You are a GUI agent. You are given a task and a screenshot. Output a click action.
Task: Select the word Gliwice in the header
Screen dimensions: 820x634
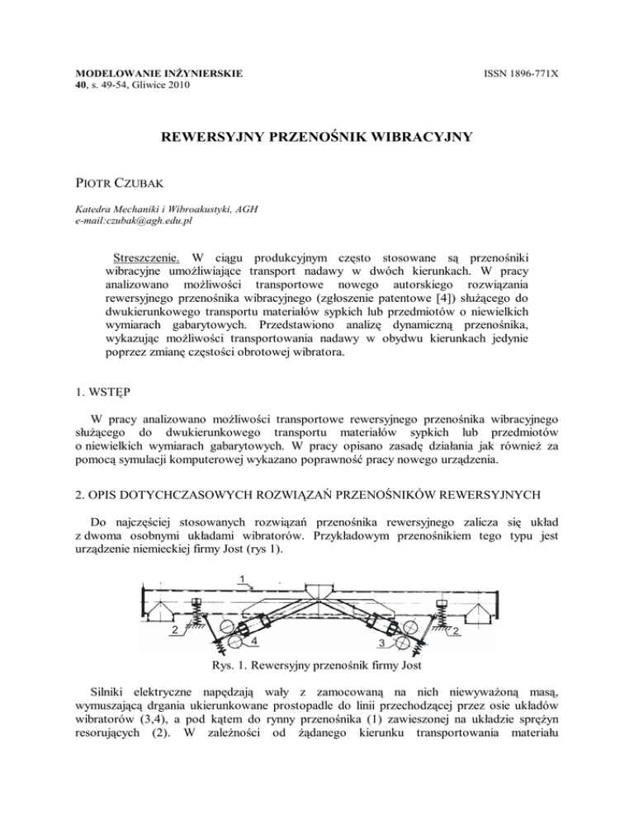133,85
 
